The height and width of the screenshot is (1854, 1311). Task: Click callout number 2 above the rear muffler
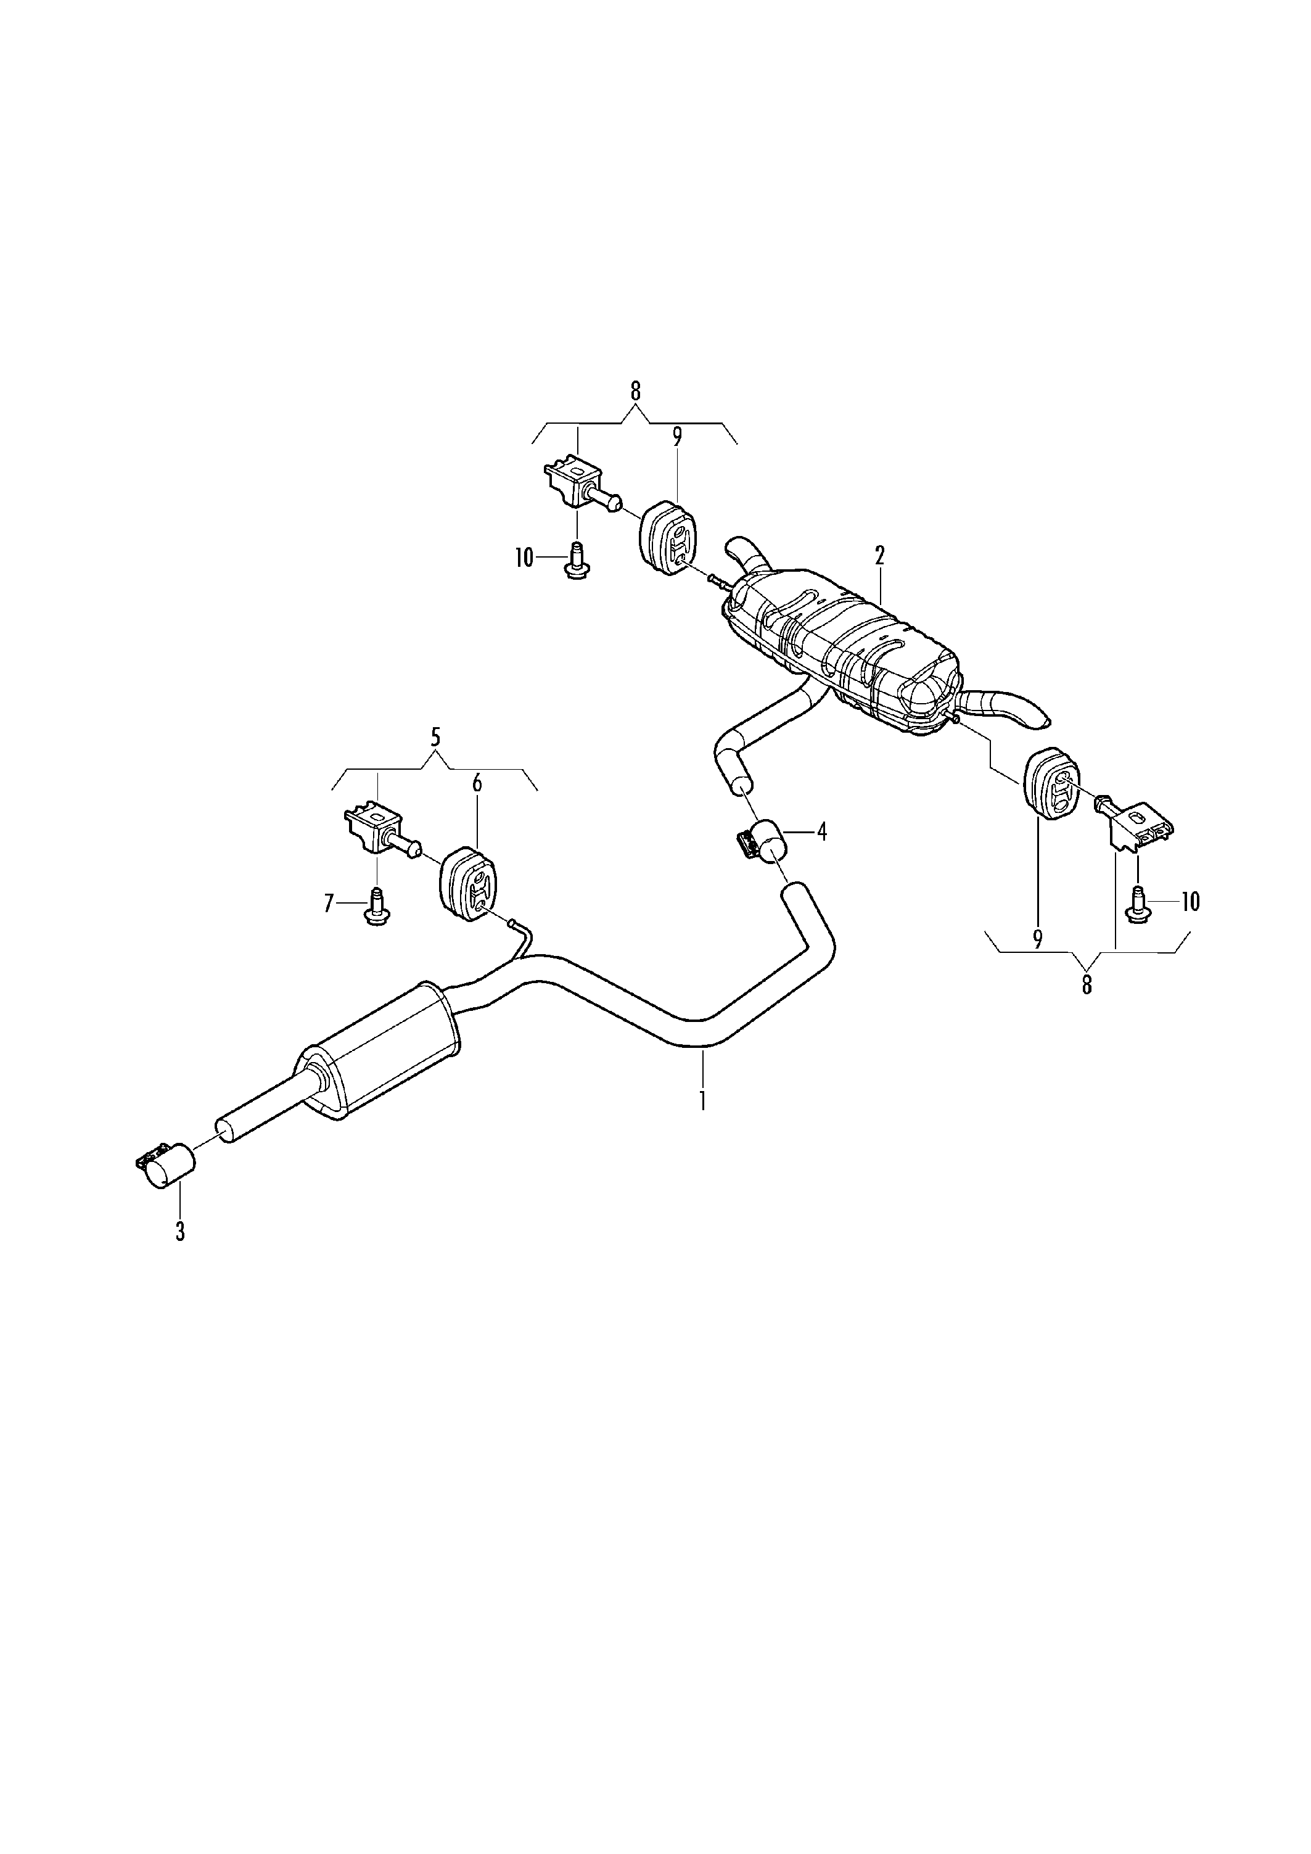pyautogui.click(x=879, y=556)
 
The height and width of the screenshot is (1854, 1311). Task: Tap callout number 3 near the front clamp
pyautogui.click(x=180, y=1232)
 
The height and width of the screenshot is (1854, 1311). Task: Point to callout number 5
pyautogui.click(x=436, y=737)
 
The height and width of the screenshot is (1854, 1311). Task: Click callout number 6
pyautogui.click(x=477, y=783)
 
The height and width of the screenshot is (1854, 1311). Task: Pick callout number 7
pyautogui.click(x=329, y=904)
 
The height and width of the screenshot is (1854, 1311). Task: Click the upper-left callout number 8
pyautogui.click(x=635, y=392)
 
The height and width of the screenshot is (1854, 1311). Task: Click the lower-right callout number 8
pyautogui.click(x=1087, y=984)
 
